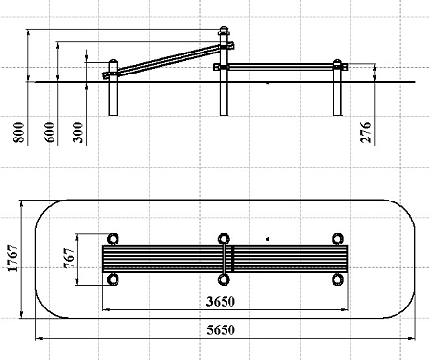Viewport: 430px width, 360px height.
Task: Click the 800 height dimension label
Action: click(x=19, y=133)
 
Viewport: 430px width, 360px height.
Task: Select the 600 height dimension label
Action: click(x=50, y=133)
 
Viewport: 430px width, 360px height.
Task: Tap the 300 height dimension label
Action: click(x=78, y=133)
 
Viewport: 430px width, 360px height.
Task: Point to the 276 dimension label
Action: click(x=366, y=133)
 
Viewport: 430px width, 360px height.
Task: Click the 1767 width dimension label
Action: click(x=12, y=259)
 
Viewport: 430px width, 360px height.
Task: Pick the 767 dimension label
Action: click(x=69, y=258)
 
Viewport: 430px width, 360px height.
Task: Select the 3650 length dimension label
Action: click(x=221, y=302)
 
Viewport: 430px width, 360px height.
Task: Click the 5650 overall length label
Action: click(x=221, y=330)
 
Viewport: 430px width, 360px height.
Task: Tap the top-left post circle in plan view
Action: click(x=113, y=239)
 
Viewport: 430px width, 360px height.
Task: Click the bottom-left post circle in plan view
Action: click(x=113, y=280)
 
